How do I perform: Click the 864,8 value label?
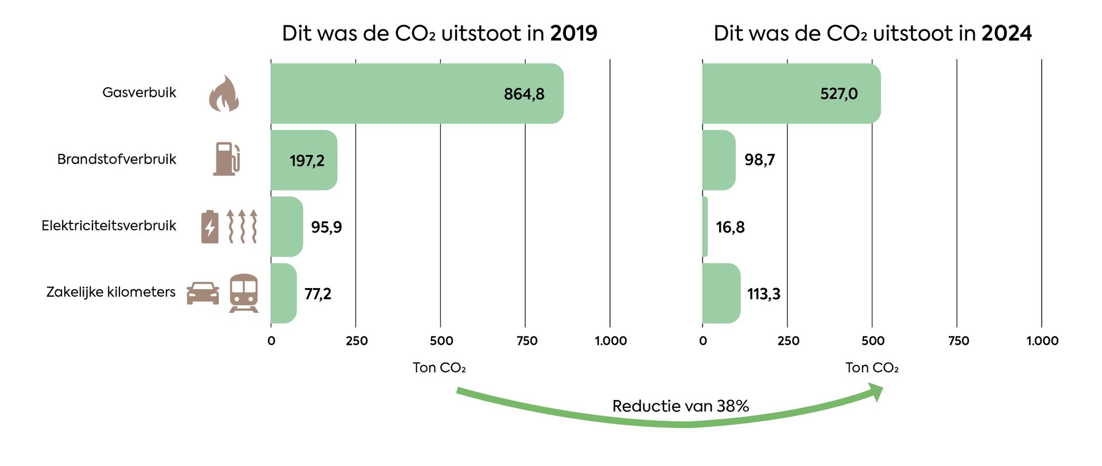pyautogui.click(x=523, y=94)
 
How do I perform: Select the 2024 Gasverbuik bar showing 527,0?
pyautogui.click(x=791, y=94)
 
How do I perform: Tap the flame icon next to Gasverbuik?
pyautogui.click(x=224, y=94)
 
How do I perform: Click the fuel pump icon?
pyautogui.click(x=227, y=159)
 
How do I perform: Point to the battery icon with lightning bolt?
pyautogui.click(x=210, y=227)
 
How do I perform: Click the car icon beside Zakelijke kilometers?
pyautogui.click(x=203, y=293)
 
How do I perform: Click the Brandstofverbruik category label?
pyautogui.click(x=117, y=159)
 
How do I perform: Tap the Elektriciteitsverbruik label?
pyautogui.click(x=108, y=226)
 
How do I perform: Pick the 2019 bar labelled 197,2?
pyautogui.click(x=304, y=160)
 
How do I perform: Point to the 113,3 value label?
pyautogui.click(x=763, y=294)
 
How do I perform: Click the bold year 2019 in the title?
pyautogui.click(x=573, y=33)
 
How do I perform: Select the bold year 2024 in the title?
pyautogui.click(x=1006, y=33)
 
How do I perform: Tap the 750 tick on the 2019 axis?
pyautogui.click(x=526, y=341)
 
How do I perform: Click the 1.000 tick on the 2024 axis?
pyautogui.click(x=1042, y=341)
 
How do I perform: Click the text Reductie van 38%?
pyautogui.click(x=680, y=406)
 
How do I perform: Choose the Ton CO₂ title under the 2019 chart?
pyautogui.click(x=439, y=368)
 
